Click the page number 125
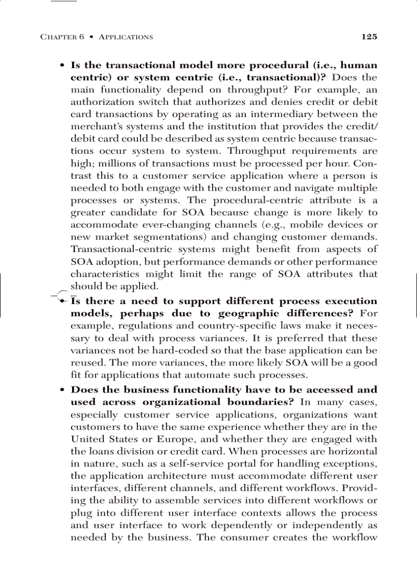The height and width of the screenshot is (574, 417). click(x=369, y=37)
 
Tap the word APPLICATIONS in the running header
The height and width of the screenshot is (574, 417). click(x=126, y=37)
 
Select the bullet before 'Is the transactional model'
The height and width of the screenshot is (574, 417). click(x=62, y=66)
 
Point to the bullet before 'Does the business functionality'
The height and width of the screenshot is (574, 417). click(x=62, y=390)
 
